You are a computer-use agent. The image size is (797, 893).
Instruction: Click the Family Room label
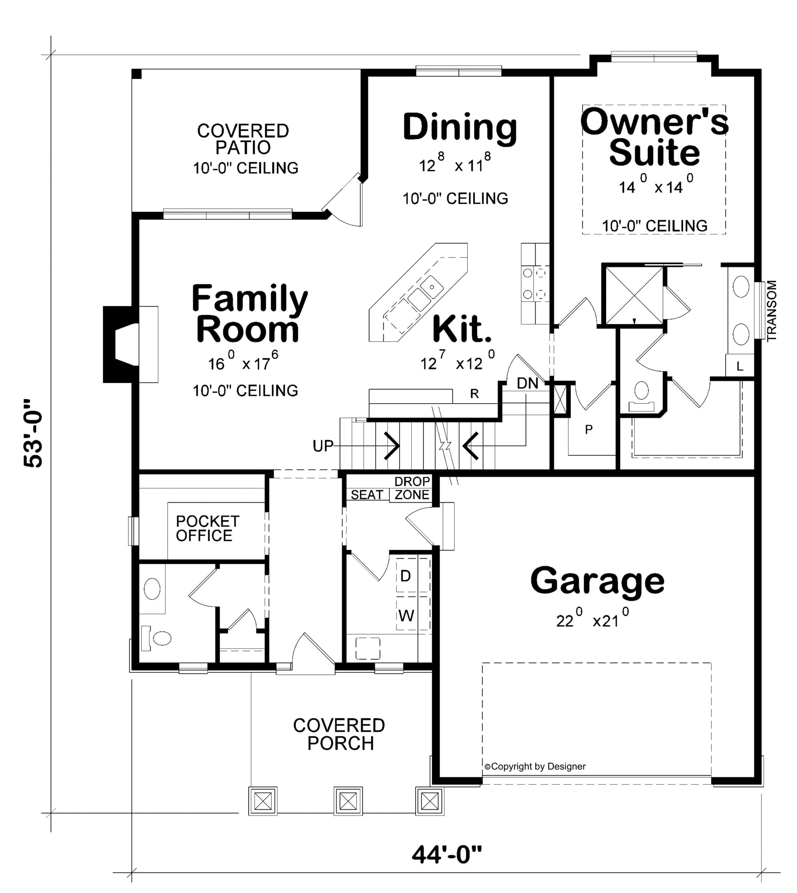250,314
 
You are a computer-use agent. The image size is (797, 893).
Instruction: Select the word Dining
460,127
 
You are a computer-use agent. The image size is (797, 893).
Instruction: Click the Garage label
597,581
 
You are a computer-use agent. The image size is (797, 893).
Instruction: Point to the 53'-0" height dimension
33,433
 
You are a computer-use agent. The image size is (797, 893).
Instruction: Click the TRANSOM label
772,310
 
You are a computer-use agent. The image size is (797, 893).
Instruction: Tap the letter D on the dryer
406,576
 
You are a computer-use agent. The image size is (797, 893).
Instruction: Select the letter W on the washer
406,616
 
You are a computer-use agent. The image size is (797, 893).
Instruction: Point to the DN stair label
527,383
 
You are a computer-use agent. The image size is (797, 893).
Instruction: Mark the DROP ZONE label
412,488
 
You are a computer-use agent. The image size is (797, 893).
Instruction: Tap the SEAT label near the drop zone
367,494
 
